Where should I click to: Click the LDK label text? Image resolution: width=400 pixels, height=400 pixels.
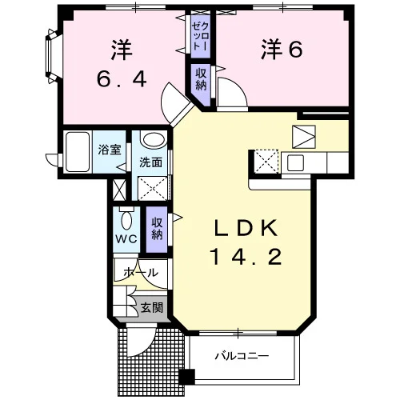[246, 229]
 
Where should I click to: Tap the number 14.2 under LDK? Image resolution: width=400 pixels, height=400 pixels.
[246, 256]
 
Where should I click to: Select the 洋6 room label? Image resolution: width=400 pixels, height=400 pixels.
[282, 50]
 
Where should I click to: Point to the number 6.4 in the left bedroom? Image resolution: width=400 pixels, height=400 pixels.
[122, 79]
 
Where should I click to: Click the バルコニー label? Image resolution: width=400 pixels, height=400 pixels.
[242, 356]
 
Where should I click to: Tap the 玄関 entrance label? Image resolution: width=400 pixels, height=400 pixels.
[152, 308]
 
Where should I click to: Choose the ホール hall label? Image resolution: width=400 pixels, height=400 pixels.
[141, 273]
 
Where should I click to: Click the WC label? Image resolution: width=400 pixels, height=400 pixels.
[126, 239]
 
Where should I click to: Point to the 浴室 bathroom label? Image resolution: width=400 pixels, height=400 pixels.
[110, 150]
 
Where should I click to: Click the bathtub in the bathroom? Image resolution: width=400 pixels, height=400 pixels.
[78, 152]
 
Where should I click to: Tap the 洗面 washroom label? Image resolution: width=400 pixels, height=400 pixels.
[151, 162]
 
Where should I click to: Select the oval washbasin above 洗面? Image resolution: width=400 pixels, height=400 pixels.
[154, 140]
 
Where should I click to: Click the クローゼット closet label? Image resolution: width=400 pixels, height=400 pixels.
[200, 37]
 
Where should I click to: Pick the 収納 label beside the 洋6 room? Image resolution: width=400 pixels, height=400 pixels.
[201, 79]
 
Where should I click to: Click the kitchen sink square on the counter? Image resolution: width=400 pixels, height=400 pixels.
[295, 162]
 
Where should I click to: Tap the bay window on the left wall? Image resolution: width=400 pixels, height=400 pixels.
[51, 56]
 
